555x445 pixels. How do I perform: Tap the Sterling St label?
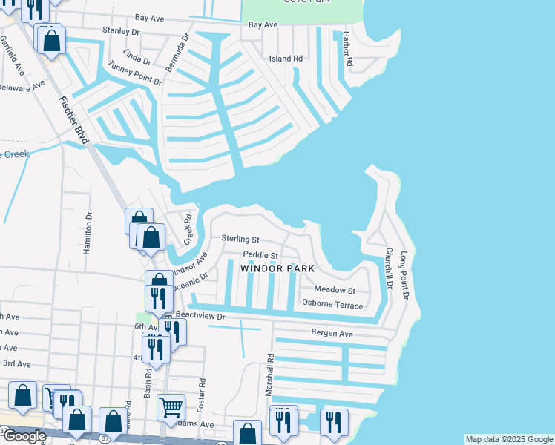click(x=240, y=240)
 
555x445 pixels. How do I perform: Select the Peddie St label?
click(x=260, y=255)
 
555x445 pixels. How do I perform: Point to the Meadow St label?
click(x=335, y=290)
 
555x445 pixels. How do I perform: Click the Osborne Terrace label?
click(x=332, y=305)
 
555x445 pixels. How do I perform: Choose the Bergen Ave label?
click(x=332, y=334)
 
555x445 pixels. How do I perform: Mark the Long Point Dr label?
click(x=405, y=274)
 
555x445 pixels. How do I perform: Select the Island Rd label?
click(x=286, y=58)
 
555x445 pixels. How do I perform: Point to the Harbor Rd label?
click(x=349, y=50)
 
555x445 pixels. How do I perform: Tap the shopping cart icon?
click(x=171, y=406)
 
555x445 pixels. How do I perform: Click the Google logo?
click(x=24, y=436)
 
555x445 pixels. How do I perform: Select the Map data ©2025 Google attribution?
click(x=508, y=439)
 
